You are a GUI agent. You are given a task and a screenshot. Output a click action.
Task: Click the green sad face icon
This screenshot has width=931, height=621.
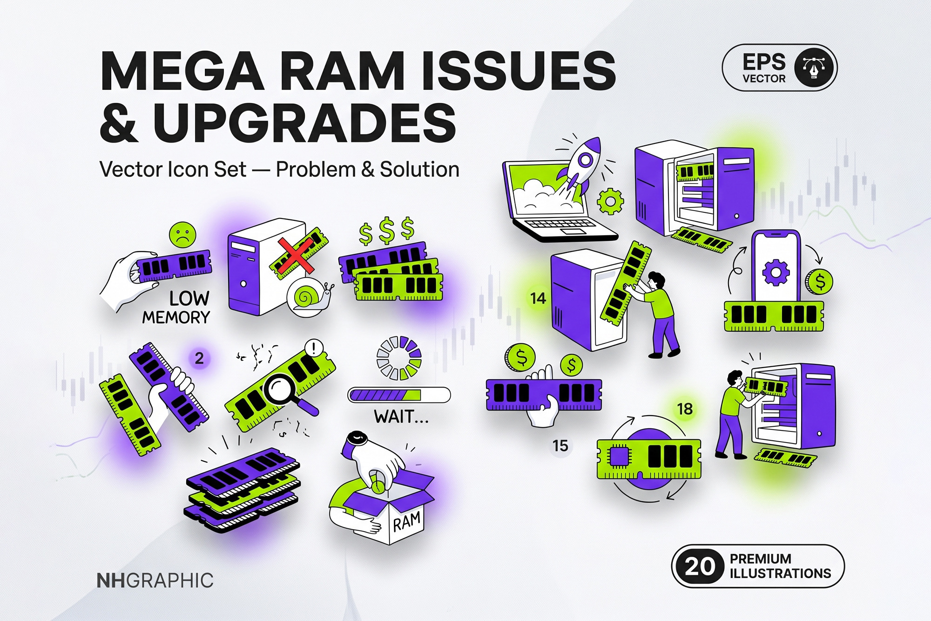(182, 235)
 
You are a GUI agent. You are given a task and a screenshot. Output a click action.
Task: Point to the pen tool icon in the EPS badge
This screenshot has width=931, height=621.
(814, 68)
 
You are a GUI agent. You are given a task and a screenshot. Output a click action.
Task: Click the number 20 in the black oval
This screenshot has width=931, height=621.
(699, 566)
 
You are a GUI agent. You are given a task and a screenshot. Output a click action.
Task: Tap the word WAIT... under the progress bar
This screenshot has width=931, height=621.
(401, 416)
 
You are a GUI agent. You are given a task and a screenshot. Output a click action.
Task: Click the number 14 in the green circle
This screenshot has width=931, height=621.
(538, 298)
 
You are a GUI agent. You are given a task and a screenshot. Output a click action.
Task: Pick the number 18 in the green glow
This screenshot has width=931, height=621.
(685, 409)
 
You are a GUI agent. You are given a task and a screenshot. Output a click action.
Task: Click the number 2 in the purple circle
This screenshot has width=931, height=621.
(199, 358)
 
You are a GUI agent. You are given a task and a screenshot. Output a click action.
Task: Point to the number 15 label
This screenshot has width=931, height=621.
(560, 446)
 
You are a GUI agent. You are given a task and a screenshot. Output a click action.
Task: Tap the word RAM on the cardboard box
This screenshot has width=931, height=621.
(407, 521)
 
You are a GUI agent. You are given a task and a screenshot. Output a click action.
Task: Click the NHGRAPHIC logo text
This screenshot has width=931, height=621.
(155, 580)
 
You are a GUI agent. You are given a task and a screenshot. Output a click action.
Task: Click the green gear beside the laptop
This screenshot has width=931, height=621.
(610, 201)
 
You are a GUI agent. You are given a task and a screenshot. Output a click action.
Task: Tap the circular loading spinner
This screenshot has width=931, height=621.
(399, 358)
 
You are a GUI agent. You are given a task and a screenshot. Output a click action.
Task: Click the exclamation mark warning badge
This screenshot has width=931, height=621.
(315, 348)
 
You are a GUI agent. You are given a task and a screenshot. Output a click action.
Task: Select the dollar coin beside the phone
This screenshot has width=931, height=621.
(819, 282)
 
